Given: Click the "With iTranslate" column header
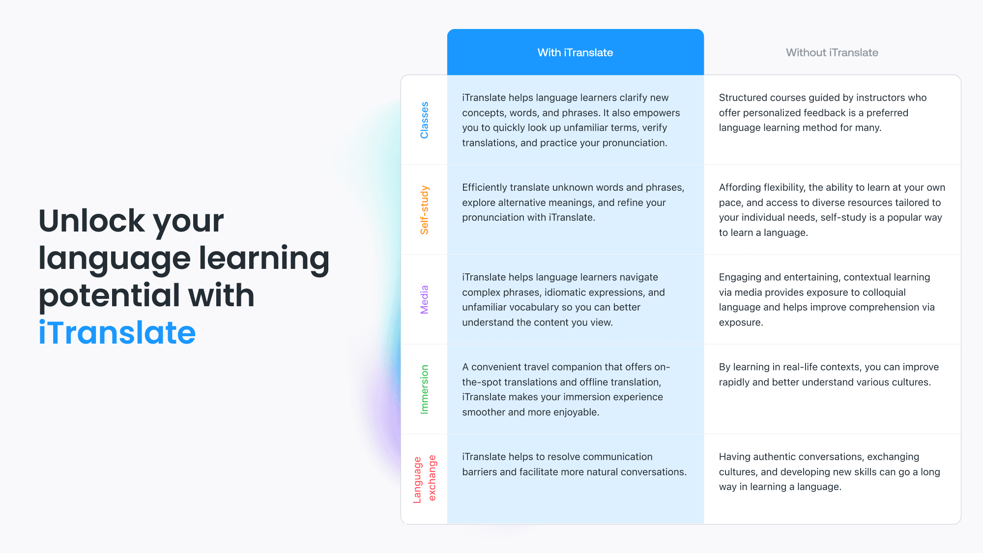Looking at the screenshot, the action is click(x=575, y=53).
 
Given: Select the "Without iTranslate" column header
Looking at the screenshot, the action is click(x=832, y=53).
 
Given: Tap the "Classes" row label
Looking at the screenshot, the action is click(x=424, y=120).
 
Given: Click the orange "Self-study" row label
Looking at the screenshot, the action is click(x=424, y=210).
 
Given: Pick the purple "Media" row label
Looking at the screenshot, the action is click(x=424, y=299).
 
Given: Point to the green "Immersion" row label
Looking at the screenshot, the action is click(x=424, y=389).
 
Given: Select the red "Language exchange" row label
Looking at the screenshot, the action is click(x=425, y=479).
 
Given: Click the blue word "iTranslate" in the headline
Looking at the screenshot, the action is click(x=117, y=332).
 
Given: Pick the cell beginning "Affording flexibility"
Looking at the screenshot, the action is click(x=832, y=210).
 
